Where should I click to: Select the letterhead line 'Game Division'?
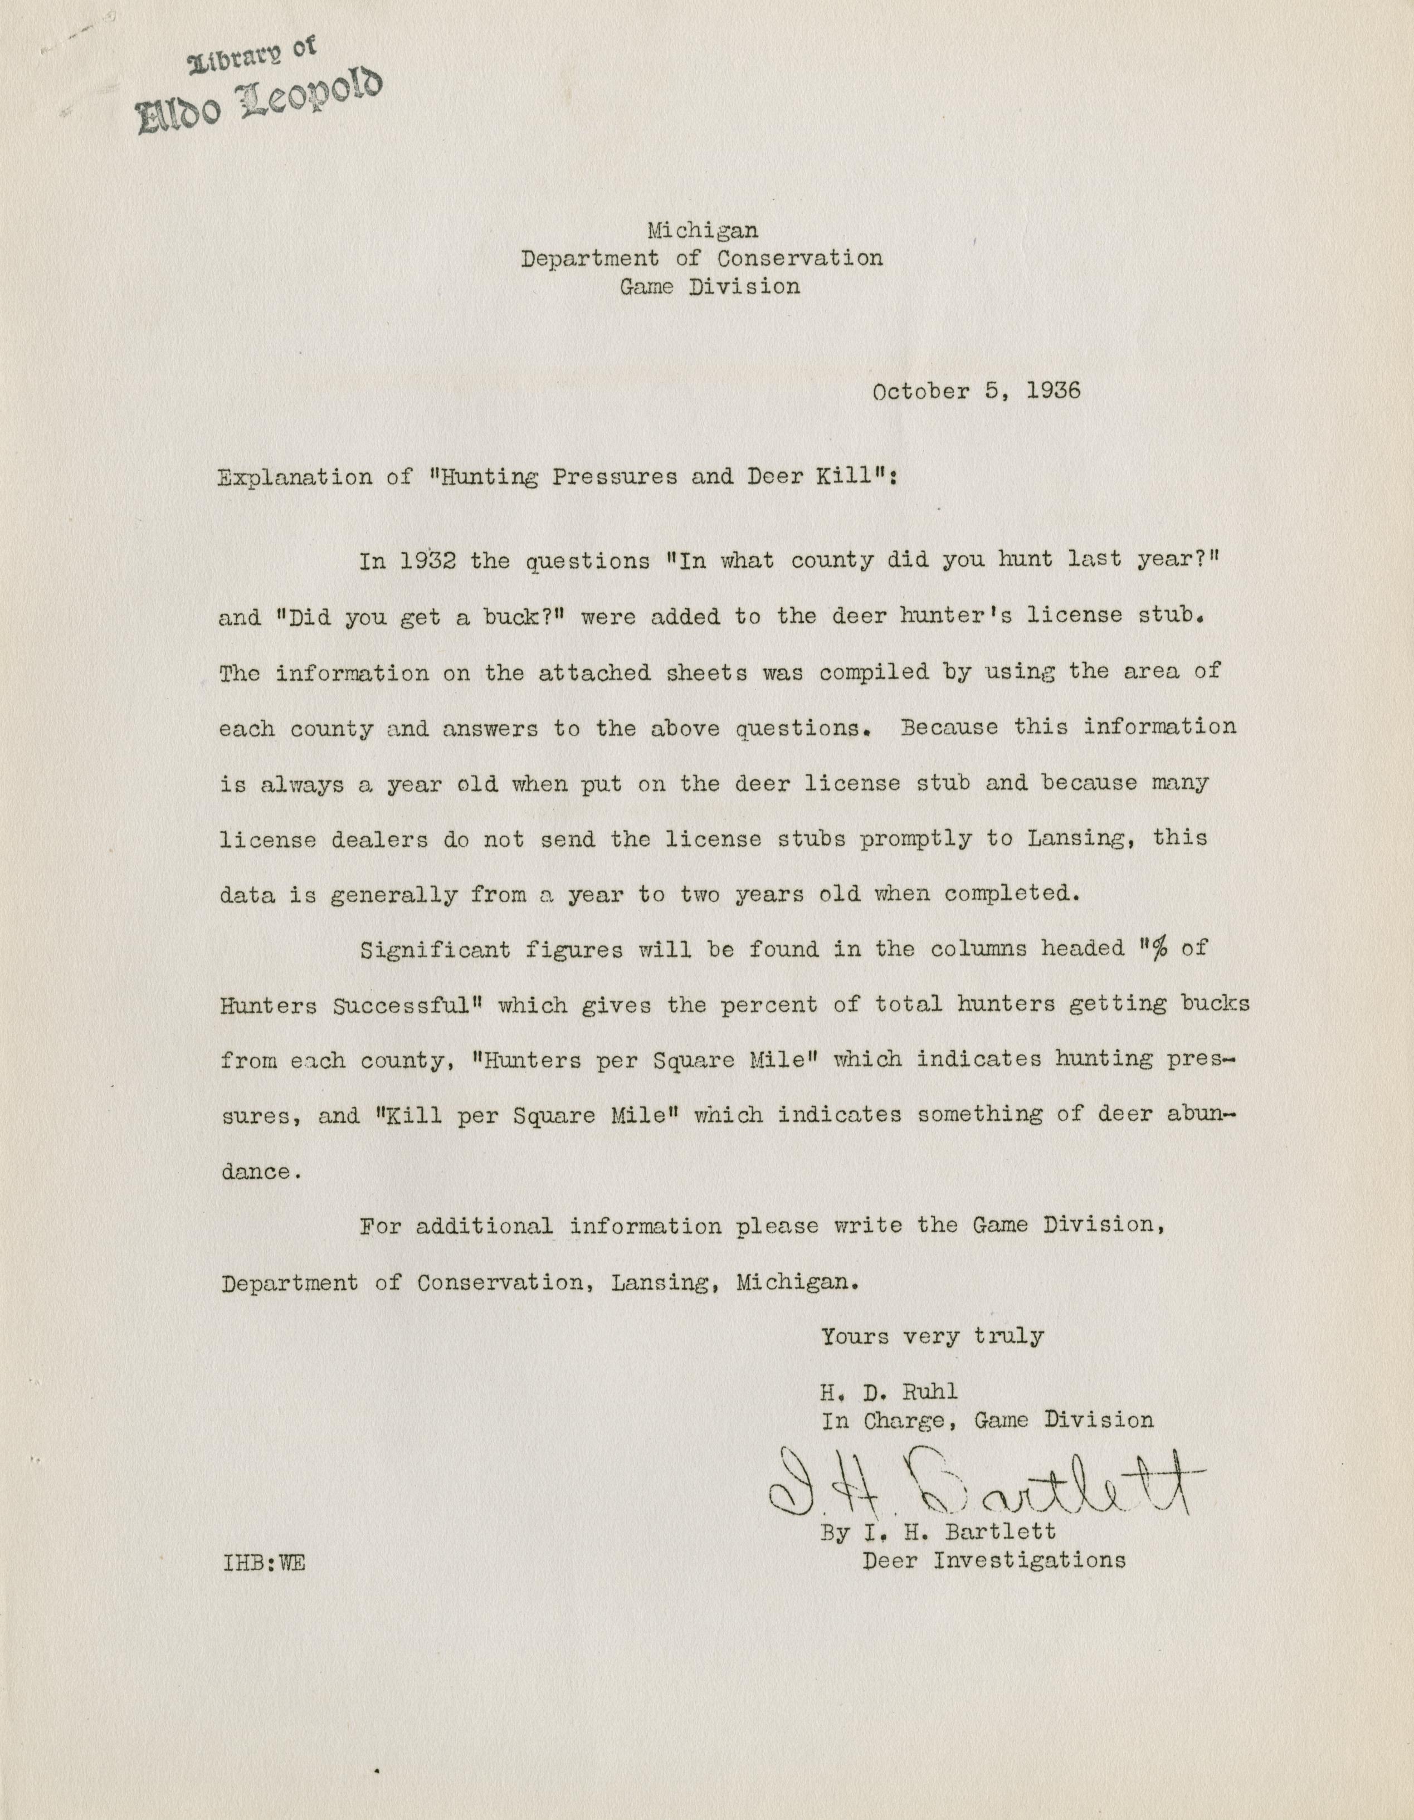click(x=709, y=287)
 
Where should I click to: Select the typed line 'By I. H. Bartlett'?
click(x=938, y=1531)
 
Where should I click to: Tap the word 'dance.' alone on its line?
click(x=256, y=1172)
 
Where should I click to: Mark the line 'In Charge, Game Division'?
click(x=987, y=1420)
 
